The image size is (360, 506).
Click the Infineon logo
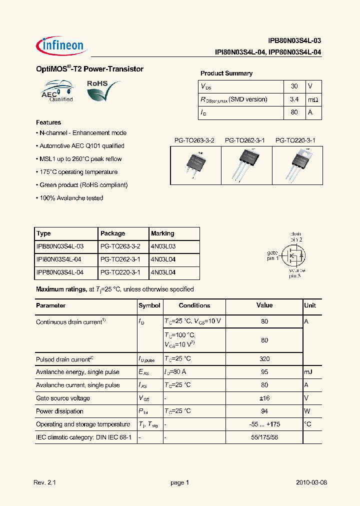pos(61,45)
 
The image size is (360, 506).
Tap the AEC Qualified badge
pos(57,92)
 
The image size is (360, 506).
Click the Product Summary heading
pos(226,73)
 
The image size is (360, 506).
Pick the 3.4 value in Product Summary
pos(294,99)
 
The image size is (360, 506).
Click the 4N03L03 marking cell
pos(163,246)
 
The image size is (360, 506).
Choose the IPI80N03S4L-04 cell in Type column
pos(59,259)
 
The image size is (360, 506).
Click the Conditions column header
pos(194,305)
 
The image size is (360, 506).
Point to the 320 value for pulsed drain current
pos(264,359)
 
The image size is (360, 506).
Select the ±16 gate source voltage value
pos(264,398)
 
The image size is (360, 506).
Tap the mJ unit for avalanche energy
pos(308,372)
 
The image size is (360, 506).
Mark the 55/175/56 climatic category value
pos(264,437)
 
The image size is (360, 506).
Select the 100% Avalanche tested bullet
pos(69,198)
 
